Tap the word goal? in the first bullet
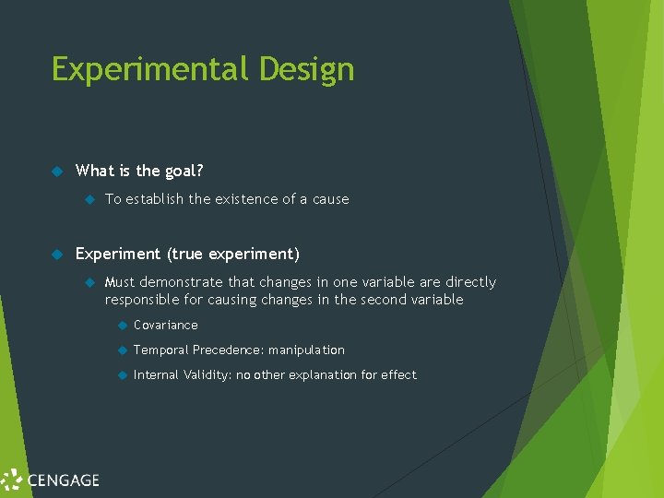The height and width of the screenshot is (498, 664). click(183, 171)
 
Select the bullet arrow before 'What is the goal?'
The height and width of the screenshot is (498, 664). click(55, 171)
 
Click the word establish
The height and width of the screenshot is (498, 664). click(154, 199)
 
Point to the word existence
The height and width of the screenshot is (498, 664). click(250, 199)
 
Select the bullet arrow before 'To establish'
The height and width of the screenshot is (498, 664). click(89, 199)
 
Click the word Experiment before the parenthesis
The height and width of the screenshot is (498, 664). click(118, 254)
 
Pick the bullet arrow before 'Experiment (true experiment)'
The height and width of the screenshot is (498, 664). click(55, 254)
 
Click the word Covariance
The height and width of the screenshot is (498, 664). click(166, 326)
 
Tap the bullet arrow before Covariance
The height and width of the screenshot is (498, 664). click(121, 326)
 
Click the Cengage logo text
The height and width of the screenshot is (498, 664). click(62, 480)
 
